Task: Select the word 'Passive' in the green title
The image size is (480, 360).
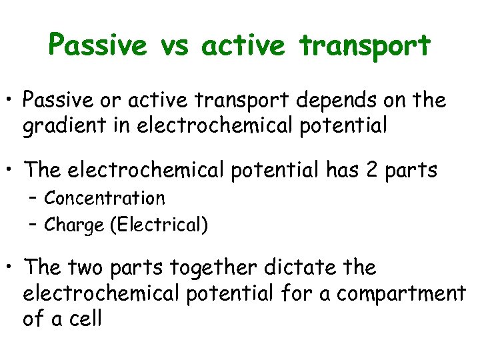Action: coord(97,45)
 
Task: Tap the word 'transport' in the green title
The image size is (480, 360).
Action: coord(365,45)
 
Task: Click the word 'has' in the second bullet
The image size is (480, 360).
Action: coord(342,170)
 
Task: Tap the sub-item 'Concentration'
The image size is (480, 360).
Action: coord(105,199)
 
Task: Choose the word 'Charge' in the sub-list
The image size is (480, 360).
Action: coord(74,226)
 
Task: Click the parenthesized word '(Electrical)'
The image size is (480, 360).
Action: coord(160,226)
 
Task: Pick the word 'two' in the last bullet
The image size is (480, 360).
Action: coord(85,268)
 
